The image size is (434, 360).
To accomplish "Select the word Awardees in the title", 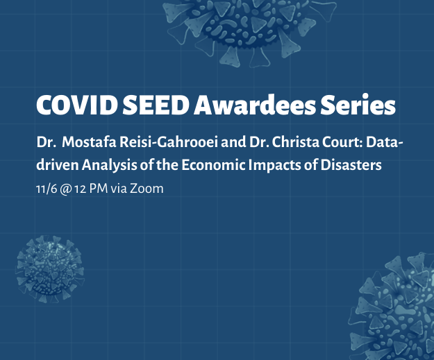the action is (255, 105).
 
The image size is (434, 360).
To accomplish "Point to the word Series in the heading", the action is (358, 105).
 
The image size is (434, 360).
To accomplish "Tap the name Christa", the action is (296, 142).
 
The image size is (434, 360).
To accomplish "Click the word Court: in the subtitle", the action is (342, 142).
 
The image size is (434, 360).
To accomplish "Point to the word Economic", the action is (213, 165).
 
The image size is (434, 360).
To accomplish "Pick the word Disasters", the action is (351, 165).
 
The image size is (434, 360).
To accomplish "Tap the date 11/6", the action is (47, 189).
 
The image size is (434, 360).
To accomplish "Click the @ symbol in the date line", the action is (65, 189).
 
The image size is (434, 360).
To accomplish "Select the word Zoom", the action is (147, 189).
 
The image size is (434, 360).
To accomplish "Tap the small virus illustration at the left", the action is (50, 268).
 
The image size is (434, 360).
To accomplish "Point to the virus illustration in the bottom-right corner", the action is (393, 307).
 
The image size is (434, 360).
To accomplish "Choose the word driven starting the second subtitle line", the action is (58, 165).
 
